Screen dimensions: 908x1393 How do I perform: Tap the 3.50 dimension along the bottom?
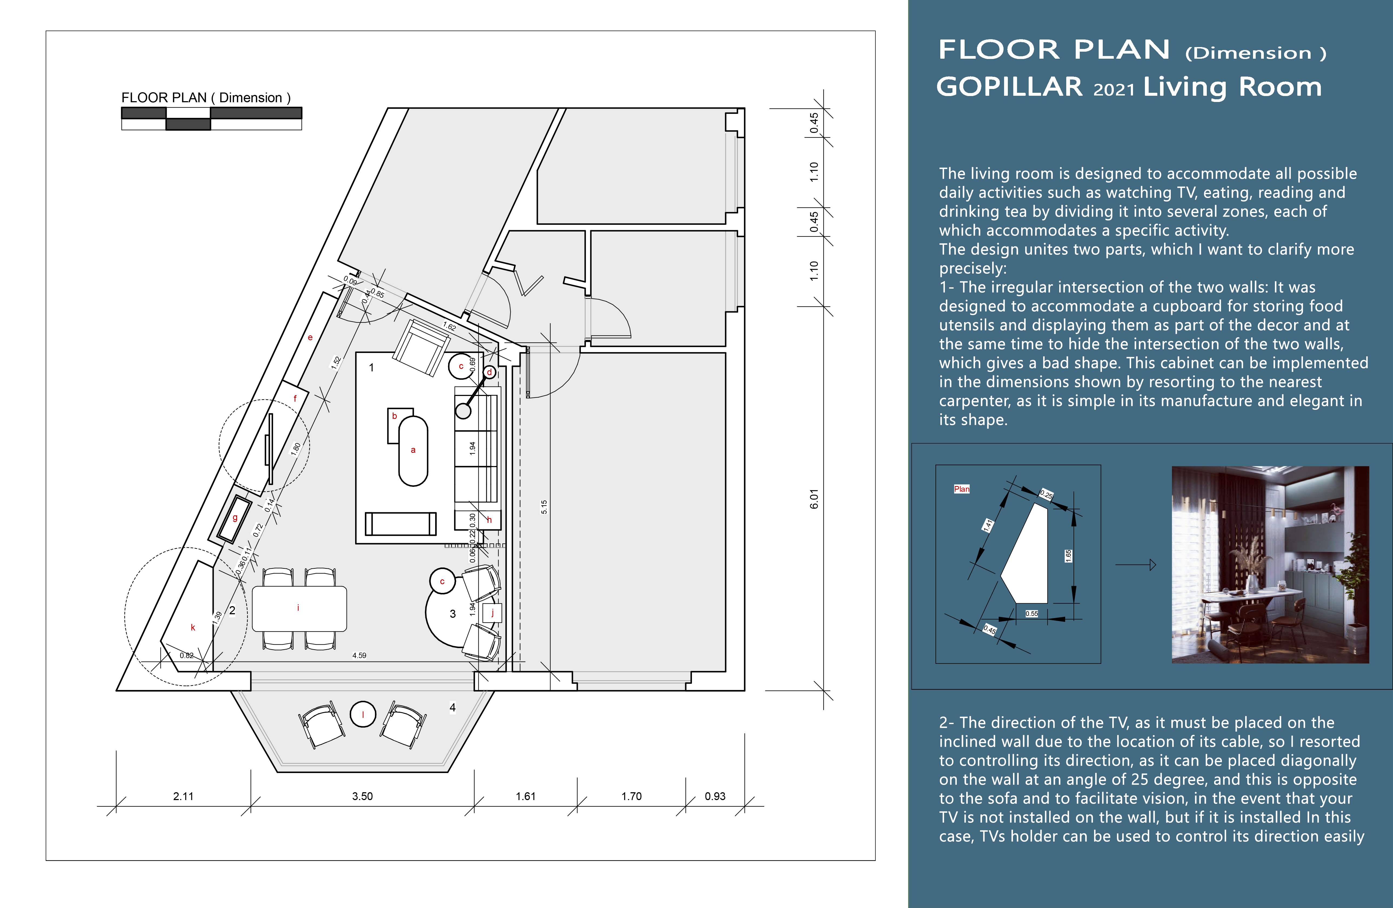coord(362,796)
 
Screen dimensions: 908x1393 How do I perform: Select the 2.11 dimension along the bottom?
coord(183,796)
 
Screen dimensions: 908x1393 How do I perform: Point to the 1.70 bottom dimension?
coord(632,796)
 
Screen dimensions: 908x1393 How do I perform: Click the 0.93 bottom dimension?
coord(715,796)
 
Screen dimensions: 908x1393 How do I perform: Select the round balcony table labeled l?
coord(363,714)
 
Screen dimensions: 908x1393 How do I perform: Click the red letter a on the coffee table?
coord(413,450)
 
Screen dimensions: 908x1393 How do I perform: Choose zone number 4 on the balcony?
coord(452,708)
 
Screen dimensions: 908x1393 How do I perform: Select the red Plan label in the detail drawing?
coord(962,488)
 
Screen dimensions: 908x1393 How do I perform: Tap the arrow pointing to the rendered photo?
coord(1135,565)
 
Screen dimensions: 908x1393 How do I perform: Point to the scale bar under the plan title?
coord(211,118)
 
